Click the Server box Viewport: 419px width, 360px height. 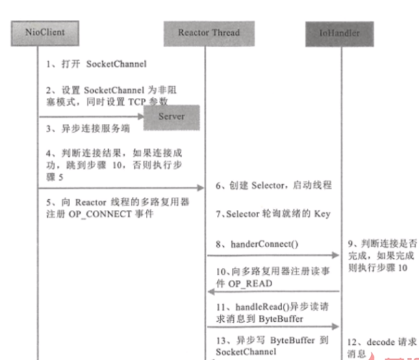click(x=171, y=116)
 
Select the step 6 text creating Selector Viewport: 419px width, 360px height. click(x=264, y=185)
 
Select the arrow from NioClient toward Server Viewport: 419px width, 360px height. click(x=89, y=117)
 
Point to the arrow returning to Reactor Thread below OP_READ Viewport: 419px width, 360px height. click(x=274, y=291)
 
